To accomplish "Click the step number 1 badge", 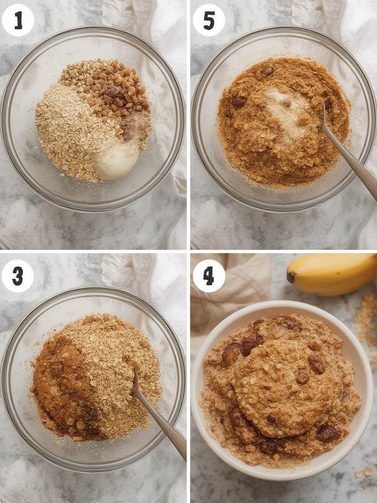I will tap(18, 20).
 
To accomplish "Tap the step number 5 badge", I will tap(209, 20).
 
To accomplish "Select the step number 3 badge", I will tap(18, 276).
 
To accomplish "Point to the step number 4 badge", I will tap(209, 276).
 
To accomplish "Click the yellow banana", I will tap(334, 273).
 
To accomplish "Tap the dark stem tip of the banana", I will tap(291, 277).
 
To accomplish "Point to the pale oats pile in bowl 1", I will tap(69, 133).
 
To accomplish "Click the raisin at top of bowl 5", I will tap(268, 71).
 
